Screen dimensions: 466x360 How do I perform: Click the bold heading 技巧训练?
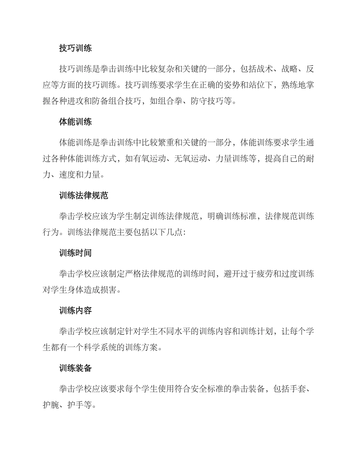tap(75, 48)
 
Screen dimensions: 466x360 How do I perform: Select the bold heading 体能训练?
tap(75, 122)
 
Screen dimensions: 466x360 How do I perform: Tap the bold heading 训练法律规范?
tap(84, 195)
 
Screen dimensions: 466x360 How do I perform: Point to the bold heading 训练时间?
tap(75, 253)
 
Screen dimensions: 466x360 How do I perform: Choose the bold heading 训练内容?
tap(75, 311)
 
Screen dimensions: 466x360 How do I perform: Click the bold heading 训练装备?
tap(75, 368)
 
